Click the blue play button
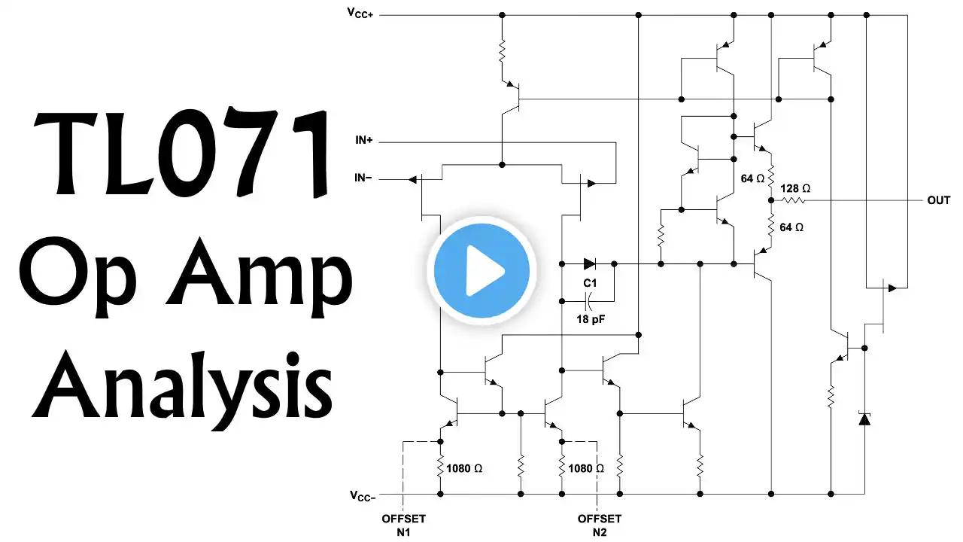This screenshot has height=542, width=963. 481,269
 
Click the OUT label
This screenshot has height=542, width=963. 938,201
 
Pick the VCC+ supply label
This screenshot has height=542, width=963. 360,13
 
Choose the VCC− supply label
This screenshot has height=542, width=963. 360,495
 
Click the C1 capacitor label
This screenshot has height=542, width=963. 590,283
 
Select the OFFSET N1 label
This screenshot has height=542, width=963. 403,525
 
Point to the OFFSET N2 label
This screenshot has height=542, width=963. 599,525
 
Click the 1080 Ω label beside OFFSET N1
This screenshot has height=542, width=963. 464,468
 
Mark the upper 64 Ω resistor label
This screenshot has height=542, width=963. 753,179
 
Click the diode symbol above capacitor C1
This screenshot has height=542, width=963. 589,264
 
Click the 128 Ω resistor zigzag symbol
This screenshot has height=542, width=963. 795,201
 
